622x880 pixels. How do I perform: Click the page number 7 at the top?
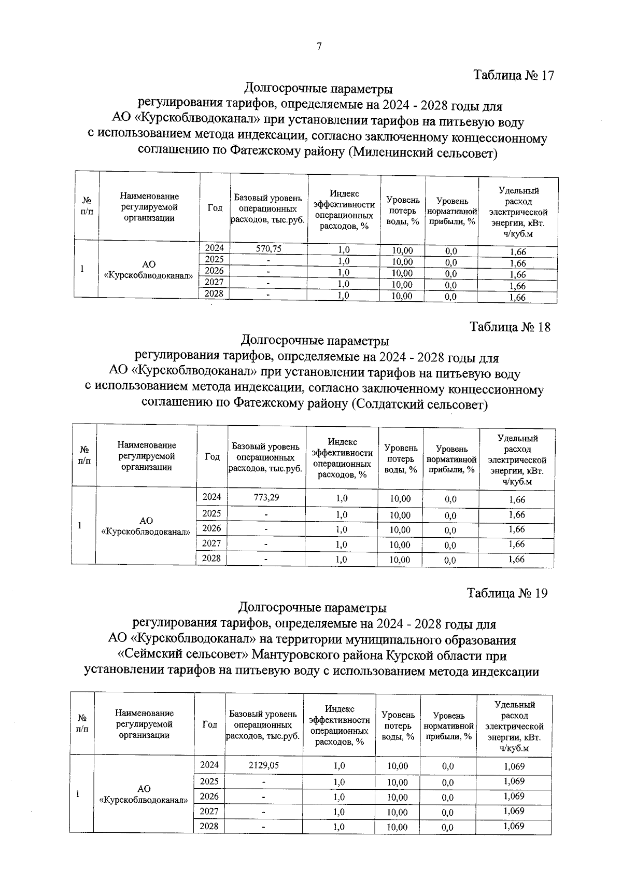pos(319,47)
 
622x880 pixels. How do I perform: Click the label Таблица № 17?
pos(514,75)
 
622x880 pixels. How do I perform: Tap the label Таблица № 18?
pos(510,327)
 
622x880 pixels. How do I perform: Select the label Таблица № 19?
pos(507,593)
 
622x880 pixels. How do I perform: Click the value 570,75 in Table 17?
pos(268,249)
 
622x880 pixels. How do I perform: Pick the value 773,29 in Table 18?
pos(266,497)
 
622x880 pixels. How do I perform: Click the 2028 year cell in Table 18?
pos(211,558)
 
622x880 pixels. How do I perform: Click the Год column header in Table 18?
pos(212,457)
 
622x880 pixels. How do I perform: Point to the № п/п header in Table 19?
pos(82,723)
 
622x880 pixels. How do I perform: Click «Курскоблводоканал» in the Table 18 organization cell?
pos(146,532)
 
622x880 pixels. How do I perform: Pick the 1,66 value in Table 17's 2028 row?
pos(517,298)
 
